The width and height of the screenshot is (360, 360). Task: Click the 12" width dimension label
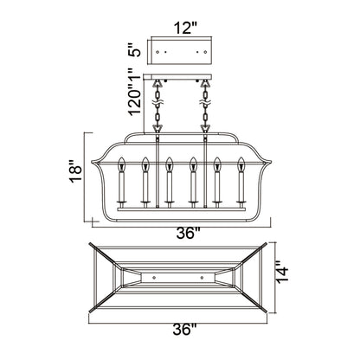point(185,29)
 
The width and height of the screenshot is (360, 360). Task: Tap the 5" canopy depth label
point(134,50)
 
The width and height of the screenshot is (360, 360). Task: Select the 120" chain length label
point(134,99)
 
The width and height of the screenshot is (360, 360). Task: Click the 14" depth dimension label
point(282,273)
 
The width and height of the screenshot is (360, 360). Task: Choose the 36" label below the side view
point(189,234)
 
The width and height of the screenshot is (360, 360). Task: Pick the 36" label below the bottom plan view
point(184,329)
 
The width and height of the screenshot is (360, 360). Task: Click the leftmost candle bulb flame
point(122,164)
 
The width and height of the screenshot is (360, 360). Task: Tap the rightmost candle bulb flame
point(241,164)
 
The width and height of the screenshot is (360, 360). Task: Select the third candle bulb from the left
point(170,164)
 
